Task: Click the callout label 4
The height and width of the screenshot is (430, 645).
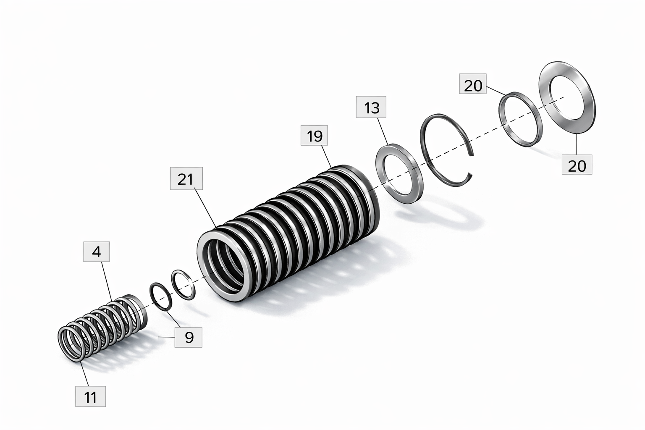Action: pos(97,252)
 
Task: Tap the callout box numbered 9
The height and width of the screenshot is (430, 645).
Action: pos(189,337)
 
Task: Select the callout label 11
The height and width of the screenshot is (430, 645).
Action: pos(90,396)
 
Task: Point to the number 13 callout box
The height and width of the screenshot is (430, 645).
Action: pos(371,107)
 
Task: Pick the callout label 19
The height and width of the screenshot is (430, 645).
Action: pos(314,135)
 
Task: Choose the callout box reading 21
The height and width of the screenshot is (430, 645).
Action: pos(186,178)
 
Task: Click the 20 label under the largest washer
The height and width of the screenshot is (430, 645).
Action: pos(577,165)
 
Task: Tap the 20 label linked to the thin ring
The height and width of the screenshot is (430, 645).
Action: pos(473,84)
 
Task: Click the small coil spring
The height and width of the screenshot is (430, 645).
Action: pos(103,328)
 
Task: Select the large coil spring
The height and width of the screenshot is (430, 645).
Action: pos(288,233)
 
